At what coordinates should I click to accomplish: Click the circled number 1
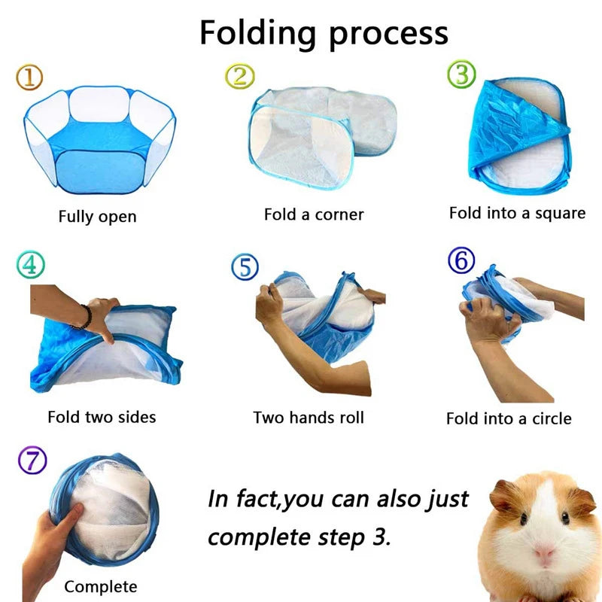(x=29, y=75)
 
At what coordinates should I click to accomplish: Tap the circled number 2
(x=239, y=75)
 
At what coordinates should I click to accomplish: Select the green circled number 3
(x=461, y=75)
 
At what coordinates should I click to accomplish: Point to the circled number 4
(x=30, y=264)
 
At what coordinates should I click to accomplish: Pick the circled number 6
(x=461, y=261)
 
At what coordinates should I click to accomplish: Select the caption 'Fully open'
(x=97, y=217)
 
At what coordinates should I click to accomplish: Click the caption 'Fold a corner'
(x=314, y=214)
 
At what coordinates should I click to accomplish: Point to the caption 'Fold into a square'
(x=517, y=213)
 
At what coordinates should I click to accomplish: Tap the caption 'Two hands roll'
(x=309, y=417)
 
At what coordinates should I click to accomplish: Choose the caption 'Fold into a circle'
(x=509, y=418)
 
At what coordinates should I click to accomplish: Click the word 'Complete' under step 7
(x=101, y=586)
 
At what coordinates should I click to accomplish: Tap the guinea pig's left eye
(x=523, y=520)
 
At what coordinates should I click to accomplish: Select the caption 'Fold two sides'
(x=102, y=416)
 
